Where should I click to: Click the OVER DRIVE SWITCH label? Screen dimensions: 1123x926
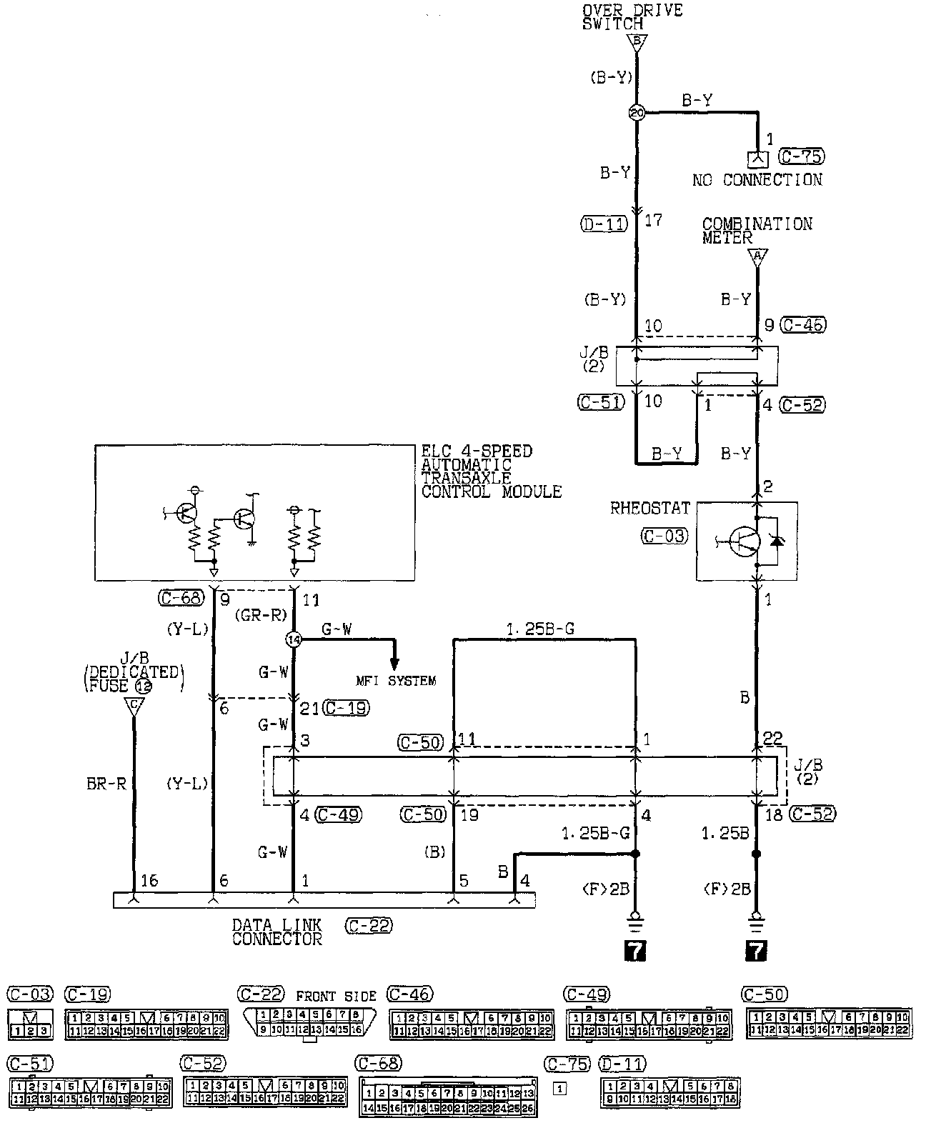pos(632,16)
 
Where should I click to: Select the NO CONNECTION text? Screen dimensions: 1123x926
pos(757,180)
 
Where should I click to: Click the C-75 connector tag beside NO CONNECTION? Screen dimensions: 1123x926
pos(802,156)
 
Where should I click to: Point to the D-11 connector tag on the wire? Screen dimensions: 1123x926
pos(603,224)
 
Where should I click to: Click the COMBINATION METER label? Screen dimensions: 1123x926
pos(757,231)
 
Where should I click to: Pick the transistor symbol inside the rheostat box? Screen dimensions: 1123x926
pos(743,541)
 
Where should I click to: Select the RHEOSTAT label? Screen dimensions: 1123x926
pos(650,509)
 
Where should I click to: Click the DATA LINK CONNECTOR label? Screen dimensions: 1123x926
pos(277,932)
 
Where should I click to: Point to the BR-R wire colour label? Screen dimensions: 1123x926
pos(106,783)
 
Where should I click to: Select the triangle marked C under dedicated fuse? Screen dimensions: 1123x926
pos(134,707)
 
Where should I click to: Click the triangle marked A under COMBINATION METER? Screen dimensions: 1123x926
pos(757,257)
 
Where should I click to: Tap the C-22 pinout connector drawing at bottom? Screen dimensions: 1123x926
pos(309,1022)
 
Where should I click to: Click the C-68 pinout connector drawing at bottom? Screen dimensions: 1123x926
pos(448,1097)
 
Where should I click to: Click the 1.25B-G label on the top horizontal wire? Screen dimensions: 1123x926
pos(540,629)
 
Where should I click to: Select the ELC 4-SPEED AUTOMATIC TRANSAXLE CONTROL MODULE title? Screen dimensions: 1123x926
pos(491,471)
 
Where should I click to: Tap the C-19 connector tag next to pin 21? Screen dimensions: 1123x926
pos(346,708)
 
